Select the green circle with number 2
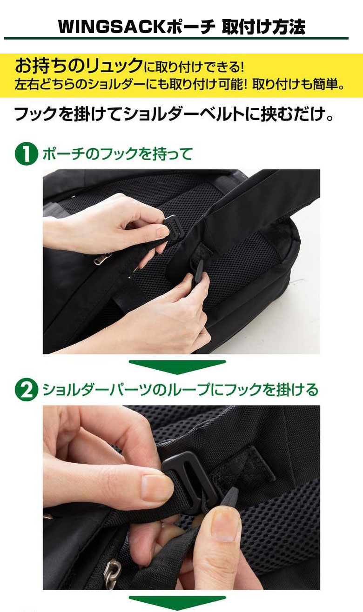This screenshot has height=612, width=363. pos(26,390)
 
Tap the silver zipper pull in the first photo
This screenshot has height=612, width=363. pos(102,258)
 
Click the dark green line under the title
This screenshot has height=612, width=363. pos(177,39)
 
